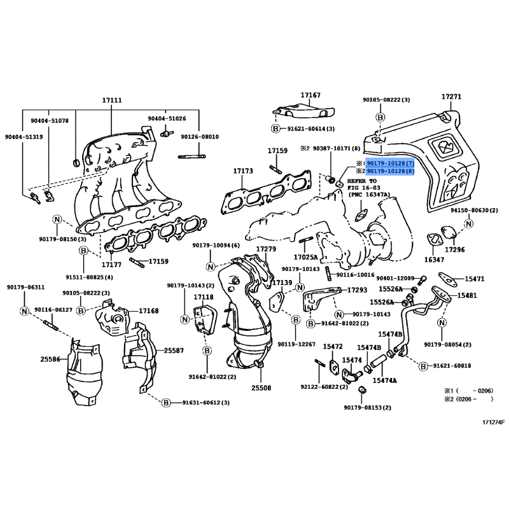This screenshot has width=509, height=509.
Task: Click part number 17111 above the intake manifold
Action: tap(111, 101)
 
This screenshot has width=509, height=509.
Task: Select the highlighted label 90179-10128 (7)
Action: tap(390, 164)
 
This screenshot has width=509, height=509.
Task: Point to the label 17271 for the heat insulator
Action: tap(451, 97)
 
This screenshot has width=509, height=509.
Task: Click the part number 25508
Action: tap(260, 387)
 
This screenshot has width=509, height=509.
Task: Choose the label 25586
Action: tap(50, 359)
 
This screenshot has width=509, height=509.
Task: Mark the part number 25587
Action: tap(174, 350)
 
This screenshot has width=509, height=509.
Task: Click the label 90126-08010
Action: tap(199, 137)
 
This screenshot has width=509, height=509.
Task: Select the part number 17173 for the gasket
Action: tap(242, 171)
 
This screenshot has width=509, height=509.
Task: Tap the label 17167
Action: tap(310, 95)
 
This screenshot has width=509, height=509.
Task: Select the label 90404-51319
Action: tap(24, 137)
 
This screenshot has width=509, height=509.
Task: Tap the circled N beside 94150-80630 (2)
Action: tap(468, 223)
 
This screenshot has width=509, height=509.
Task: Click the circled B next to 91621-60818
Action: tap(422, 366)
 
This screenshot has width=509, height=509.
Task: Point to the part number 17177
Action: tap(111, 263)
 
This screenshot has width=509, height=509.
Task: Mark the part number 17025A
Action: tap(306, 257)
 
